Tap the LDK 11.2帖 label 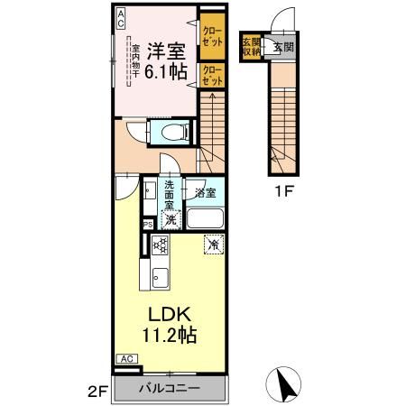point(168,324)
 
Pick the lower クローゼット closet point(212,74)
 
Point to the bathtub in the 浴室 point(205,218)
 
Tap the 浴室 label point(205,192)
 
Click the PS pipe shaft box point(146,226)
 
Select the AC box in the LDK point(126,357)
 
